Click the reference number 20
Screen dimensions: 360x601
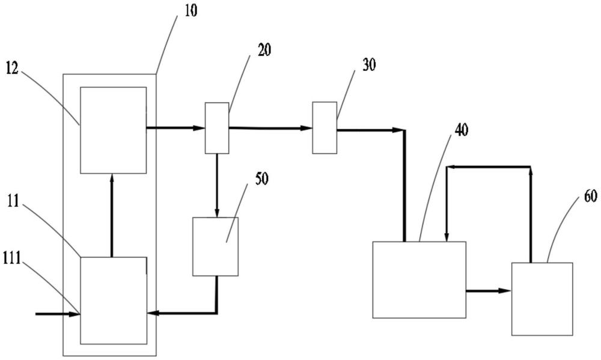coord(264,50)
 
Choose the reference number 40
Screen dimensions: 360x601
coord(461,130)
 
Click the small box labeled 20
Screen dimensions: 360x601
coord(216,127)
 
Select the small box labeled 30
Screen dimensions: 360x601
coord(325,127)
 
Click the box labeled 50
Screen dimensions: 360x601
coord(215,246)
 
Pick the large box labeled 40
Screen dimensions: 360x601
coord(419,279)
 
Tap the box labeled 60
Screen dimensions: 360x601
coord(542,299)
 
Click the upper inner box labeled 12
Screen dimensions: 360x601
coord(113,130)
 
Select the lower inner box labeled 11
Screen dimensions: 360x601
coord(113,301)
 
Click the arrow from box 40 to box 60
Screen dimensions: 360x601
coord(489,291)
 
